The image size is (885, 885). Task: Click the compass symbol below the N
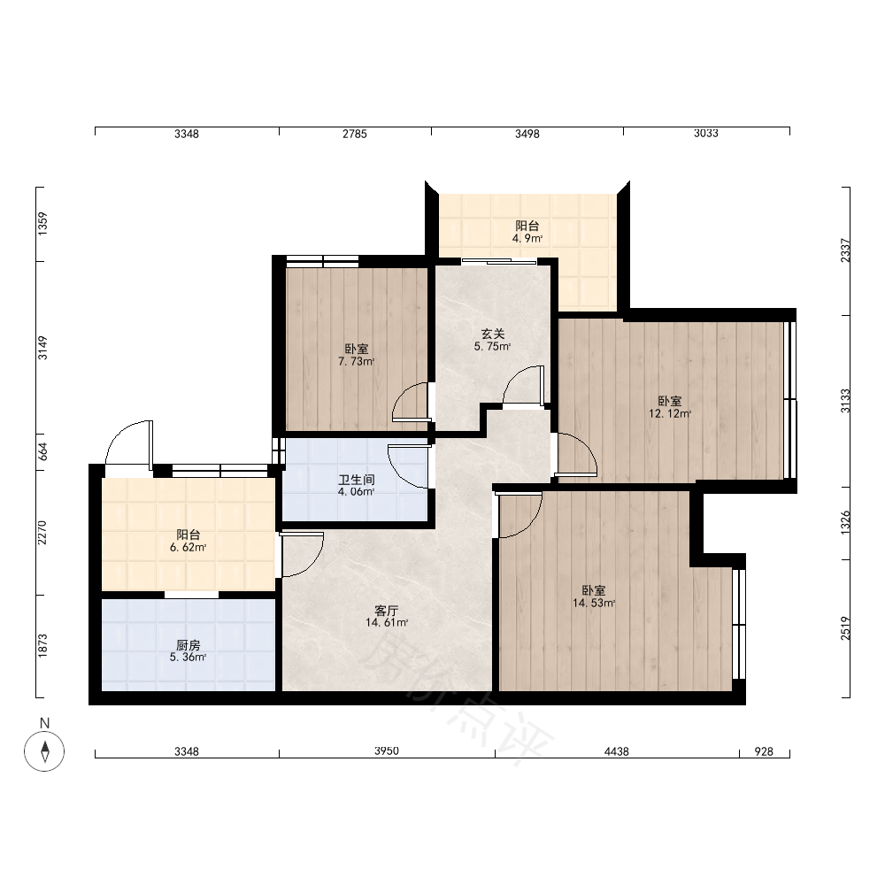tap(44, 751)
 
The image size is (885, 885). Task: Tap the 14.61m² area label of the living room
tap(387, 623)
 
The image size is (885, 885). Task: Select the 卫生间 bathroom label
tap(356, 480)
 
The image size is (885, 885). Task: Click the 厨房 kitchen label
tap(188, 645)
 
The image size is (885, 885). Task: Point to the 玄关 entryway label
tap(492, 335)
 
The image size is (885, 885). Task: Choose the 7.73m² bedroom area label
tap(356, 362)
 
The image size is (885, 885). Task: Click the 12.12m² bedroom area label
tap(670, 413)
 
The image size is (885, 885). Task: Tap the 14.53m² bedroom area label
tap(594, 604)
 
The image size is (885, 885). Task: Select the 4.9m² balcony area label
tap(527, 239)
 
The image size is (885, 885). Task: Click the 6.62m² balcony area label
tap(188, 548)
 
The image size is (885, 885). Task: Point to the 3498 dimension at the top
tap(527, 134)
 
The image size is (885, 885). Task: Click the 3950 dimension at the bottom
tap(387, 751)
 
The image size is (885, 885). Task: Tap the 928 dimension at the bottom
tap(764, 751)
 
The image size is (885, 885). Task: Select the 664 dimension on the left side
tap(42, 451)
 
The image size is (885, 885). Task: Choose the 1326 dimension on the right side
tap(845, 523)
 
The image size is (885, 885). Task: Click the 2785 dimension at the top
tap(355, 134)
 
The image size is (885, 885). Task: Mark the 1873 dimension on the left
tap(42, 646)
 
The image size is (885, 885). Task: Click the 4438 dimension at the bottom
tap(616, 751)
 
